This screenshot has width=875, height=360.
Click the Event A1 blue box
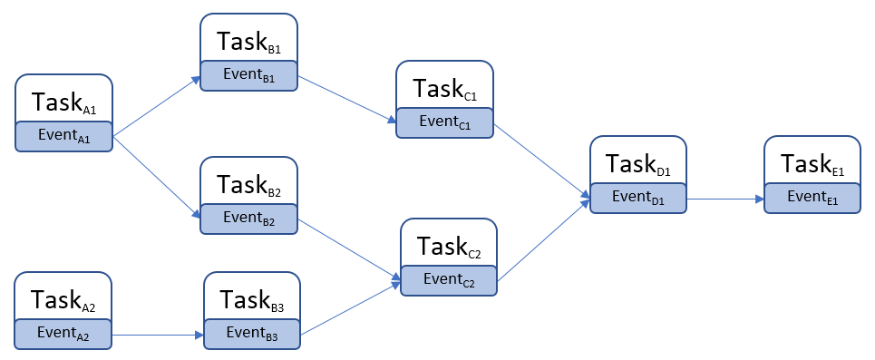[63, 136]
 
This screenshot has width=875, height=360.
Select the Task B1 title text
[248, 42]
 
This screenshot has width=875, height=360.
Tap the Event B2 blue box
[248, 218]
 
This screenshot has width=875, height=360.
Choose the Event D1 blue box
[638, 198]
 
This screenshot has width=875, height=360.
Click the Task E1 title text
[812, 164]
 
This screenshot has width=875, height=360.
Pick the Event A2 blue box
[63, 334]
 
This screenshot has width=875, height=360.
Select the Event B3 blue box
[252, 334]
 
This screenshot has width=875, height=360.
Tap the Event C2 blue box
[449, 281]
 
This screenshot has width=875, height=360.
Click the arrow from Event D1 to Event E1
[724, 199]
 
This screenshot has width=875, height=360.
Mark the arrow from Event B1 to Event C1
[347, 99]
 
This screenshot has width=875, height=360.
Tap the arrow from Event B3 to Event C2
[350, 309]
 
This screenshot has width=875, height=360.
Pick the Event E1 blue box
[812, 198]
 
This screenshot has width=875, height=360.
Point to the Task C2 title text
[449, 246]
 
